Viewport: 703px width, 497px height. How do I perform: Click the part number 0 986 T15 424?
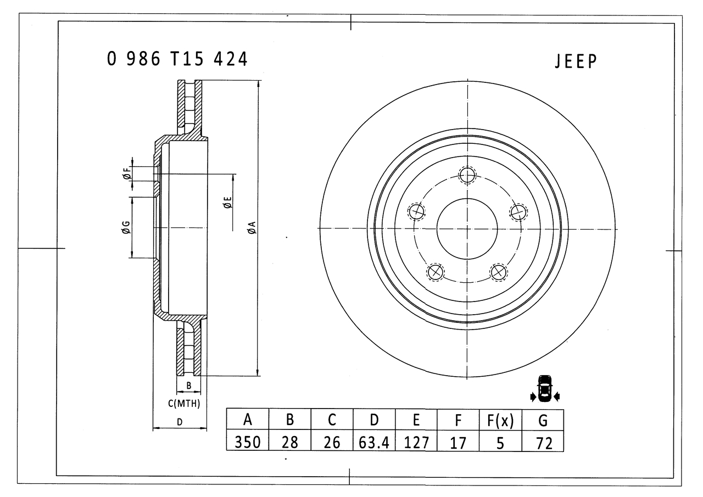177,59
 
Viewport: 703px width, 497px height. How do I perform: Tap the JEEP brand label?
576,61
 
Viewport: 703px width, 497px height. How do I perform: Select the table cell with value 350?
248,441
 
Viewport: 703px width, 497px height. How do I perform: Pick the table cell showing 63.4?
374,441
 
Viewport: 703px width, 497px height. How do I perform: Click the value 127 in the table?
416,441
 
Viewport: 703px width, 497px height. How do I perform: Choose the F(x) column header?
500,420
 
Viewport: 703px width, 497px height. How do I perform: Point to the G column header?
543,420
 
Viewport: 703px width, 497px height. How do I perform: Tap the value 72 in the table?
543,442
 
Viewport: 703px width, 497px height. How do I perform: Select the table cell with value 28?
289,441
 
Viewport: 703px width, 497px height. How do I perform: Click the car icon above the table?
544,389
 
